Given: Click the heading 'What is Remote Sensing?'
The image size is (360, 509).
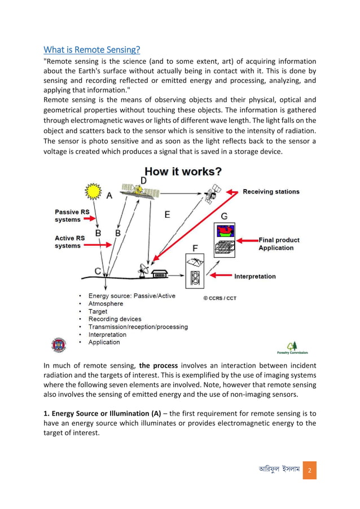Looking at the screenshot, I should (92, 50).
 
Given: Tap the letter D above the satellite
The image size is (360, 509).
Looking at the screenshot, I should (143, 181).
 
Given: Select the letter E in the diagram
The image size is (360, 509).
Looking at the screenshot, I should (166, 214).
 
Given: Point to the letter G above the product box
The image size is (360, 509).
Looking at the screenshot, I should (224, 216).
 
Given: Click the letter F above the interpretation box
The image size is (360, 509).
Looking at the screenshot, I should (195, 248).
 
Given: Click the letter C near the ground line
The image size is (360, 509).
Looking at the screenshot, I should (98, 271).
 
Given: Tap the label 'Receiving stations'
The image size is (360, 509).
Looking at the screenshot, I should (271, 192).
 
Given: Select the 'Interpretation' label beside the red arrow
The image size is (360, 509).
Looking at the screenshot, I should (255, 277).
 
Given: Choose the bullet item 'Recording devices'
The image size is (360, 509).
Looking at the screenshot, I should (115, 319).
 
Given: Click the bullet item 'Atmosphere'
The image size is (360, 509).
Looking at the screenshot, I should (107, 304).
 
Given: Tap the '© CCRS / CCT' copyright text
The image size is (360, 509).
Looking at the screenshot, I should (220, 298).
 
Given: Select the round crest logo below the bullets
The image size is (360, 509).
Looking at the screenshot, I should (58, 345).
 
